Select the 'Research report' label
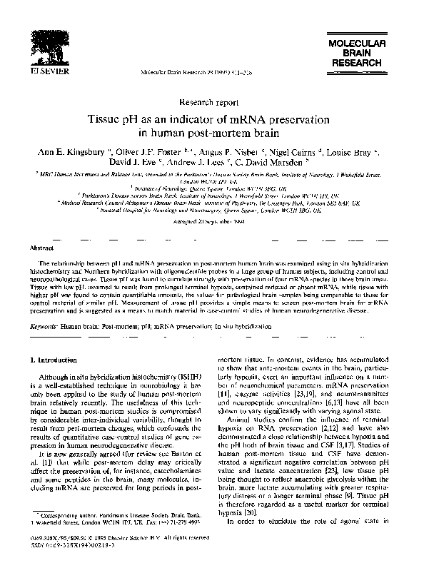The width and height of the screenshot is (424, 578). [x=212, y=102]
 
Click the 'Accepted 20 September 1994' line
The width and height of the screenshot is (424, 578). [x=212, y=221]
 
